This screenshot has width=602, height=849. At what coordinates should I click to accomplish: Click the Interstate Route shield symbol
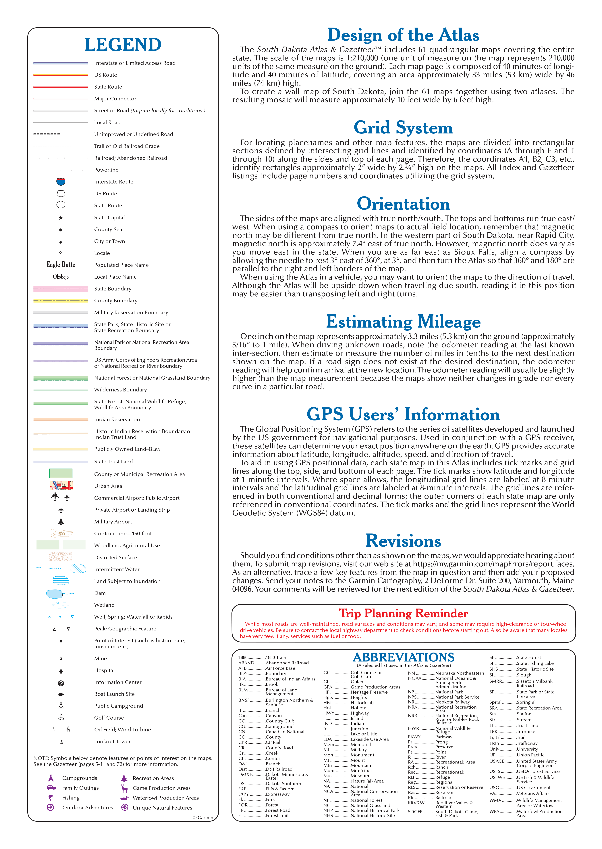61,181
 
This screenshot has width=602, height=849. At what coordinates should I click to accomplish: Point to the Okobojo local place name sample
61,277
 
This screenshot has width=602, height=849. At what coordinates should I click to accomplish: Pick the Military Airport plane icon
61,521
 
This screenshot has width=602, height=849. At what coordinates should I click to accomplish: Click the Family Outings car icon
51,788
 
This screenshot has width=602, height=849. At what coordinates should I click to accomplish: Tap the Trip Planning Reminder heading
403,613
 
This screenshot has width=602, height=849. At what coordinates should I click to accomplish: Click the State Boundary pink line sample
61,288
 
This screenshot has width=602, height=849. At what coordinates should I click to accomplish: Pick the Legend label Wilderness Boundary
120,389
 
